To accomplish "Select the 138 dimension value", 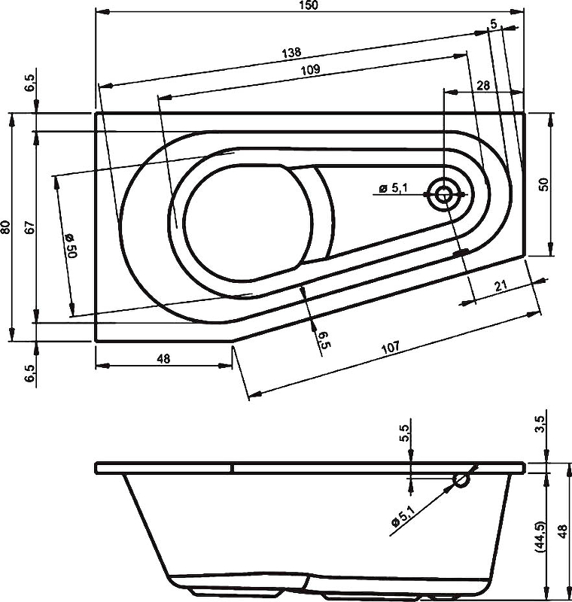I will pos(292,53).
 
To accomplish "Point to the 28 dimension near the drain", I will pos(482,86).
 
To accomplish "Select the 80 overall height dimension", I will pos(7,227).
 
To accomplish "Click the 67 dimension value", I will pos(29,227).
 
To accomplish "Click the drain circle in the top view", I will pos(443,195).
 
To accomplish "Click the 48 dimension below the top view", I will pos(163,359).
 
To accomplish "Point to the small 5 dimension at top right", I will pos(493,24).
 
